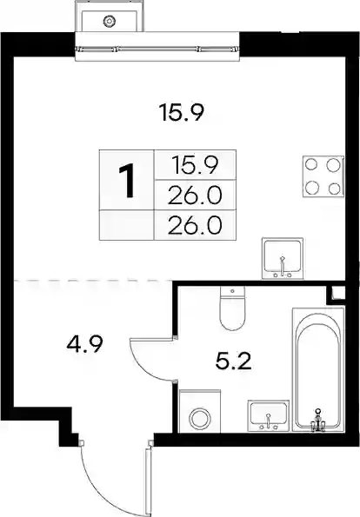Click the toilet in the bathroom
pos(233,308)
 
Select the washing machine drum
pos(200,419)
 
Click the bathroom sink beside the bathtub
pos(269,416)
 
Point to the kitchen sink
pos(283,258)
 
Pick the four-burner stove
pos(323,176)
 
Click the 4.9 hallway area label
pos(85,344)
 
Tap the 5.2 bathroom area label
pos(233,361)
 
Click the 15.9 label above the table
pos(182,112)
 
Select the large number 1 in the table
pos(126,181)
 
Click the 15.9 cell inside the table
pos(195,165)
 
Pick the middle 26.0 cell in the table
pos(195,195)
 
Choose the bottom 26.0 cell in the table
pos(195,225)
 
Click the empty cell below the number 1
pos(127,225)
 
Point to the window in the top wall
pos(157,50)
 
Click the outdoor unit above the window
pos(110,17)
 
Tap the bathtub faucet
pos(317,421)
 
